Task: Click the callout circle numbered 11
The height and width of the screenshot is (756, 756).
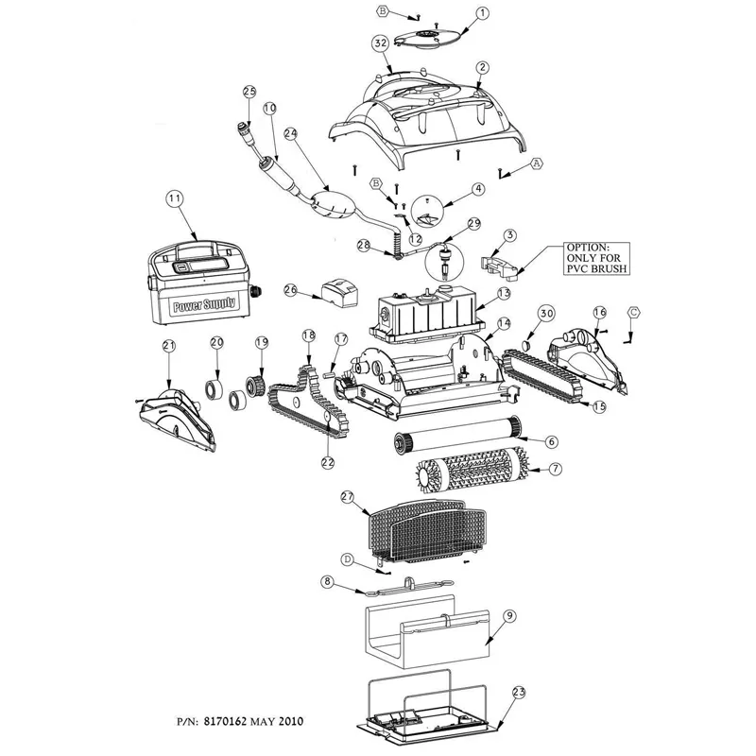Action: (174, 198)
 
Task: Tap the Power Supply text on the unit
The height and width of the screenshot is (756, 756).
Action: (204, 304)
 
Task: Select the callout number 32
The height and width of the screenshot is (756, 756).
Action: (381, 43)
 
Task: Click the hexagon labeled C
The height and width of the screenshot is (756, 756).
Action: (634, 313)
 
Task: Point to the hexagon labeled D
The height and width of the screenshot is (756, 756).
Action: (347, 559)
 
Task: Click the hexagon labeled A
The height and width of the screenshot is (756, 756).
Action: (536, 163)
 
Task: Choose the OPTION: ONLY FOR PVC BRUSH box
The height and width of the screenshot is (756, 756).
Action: (596, 258)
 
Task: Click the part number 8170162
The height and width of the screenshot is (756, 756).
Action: (226, 721)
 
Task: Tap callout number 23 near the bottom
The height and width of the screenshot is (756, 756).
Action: (518, 694)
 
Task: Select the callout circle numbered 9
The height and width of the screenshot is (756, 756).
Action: (509, 616)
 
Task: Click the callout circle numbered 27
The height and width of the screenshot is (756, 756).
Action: (347, 498)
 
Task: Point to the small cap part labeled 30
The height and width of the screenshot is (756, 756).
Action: (527, 345)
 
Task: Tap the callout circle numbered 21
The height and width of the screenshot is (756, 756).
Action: (169, 346)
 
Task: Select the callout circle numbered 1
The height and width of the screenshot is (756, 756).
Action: (482, 13)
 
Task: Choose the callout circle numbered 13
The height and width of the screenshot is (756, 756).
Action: (504, 293)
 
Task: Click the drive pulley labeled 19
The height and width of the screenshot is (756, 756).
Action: (253, 386)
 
